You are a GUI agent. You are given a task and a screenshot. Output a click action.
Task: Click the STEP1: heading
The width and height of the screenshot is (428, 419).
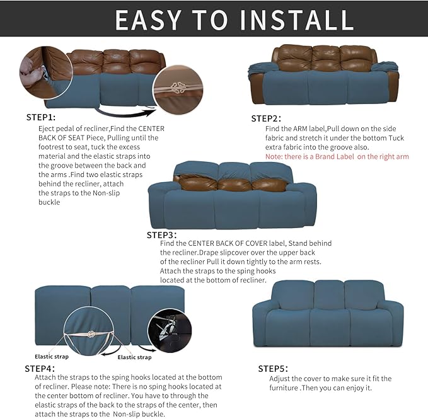click(41, 117)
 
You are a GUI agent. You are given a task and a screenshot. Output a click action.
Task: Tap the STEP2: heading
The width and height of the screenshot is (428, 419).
click(266, 118)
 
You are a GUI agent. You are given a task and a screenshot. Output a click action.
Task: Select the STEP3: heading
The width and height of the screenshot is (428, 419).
click(162, 234)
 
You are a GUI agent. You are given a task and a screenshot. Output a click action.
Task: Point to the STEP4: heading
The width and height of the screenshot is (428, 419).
click(40, 368)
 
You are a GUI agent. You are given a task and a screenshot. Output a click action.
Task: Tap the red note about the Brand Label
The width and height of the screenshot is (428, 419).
click(337, 156)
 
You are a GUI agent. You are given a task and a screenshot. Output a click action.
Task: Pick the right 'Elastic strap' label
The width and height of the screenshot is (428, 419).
click(135, 357)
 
